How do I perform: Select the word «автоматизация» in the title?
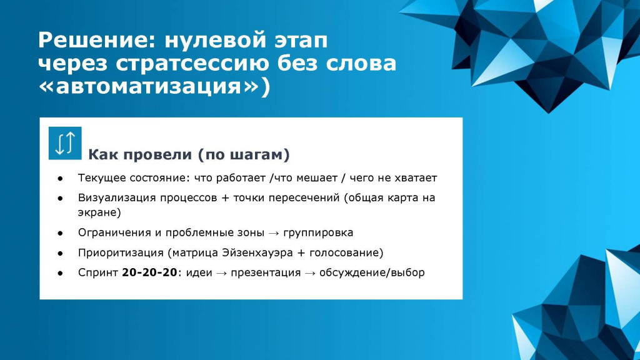tap(149, 86)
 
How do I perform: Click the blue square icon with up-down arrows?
tap(65, 143)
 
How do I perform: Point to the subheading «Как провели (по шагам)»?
tap(189, 155)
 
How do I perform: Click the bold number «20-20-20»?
tap(149, 272)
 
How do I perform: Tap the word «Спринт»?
tap(98, 272)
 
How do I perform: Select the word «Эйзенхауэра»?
tap(257, 252)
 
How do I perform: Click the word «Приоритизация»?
tap(121, 252)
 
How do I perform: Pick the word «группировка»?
tap(318, 232)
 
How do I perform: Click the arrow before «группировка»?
tap(274, 233)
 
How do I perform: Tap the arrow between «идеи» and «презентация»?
tap(222, 273)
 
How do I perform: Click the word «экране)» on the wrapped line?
tap(99, 212)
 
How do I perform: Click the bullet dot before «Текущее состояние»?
tap(61, 178)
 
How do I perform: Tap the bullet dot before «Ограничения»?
tap(61, 233)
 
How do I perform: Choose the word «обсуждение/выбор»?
tap(372, 272)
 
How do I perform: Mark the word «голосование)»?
tap(346, 252)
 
